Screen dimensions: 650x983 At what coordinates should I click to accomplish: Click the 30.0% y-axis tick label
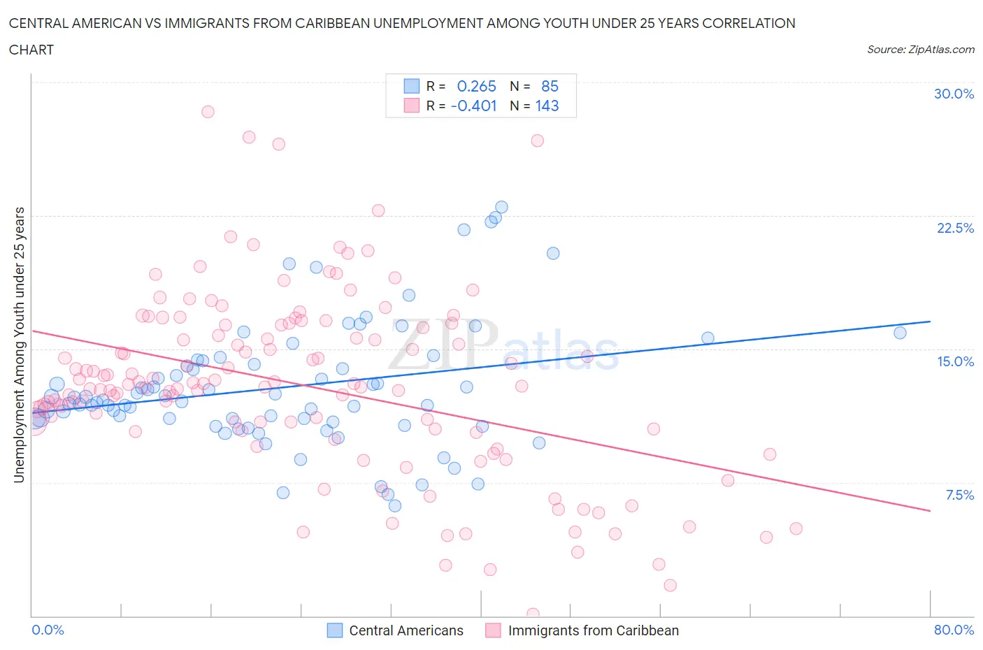954,94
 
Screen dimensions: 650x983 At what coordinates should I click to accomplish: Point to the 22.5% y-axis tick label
955,228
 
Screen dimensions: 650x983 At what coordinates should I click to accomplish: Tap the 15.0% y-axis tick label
955,361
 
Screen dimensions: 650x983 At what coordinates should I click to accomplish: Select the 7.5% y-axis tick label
959,495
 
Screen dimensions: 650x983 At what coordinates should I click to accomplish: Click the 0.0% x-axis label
48,630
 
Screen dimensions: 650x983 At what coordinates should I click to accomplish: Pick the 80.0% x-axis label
954,630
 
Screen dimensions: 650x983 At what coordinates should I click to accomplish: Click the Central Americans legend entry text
406,630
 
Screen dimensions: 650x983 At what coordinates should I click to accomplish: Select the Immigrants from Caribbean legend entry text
593,630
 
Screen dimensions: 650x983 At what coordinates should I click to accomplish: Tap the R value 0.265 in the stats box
476,86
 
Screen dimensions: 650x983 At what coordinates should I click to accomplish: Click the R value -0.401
474,106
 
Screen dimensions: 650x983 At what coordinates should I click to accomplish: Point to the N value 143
547,106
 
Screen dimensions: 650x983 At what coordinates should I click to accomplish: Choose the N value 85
550,86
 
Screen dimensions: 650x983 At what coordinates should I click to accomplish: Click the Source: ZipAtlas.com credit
920,49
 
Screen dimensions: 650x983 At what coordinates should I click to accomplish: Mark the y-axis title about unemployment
20,345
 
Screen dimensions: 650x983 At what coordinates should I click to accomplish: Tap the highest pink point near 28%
208,112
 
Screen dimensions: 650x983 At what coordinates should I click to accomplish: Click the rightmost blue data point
900,333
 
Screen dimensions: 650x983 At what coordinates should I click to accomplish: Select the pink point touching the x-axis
533,614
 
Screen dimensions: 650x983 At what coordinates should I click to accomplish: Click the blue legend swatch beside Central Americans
335,630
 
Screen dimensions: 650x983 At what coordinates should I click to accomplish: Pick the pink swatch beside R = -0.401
411,106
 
